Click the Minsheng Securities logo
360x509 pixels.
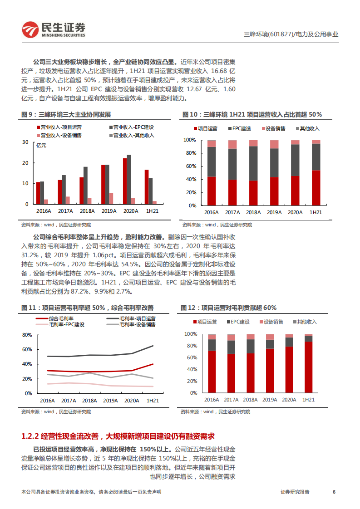tap(54, 29)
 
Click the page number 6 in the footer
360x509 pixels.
tap(334, 492)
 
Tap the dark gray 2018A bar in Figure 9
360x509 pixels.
tap(85, 186)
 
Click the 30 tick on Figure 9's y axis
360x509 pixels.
tap(25, 142)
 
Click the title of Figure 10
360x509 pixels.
tap(252, 114)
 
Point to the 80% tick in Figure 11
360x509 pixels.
tap(27, 335)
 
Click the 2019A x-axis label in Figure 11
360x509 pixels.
tap(110, 401)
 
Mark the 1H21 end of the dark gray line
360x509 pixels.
tap(153, 346)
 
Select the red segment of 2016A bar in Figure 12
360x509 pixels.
tap(212, 372)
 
